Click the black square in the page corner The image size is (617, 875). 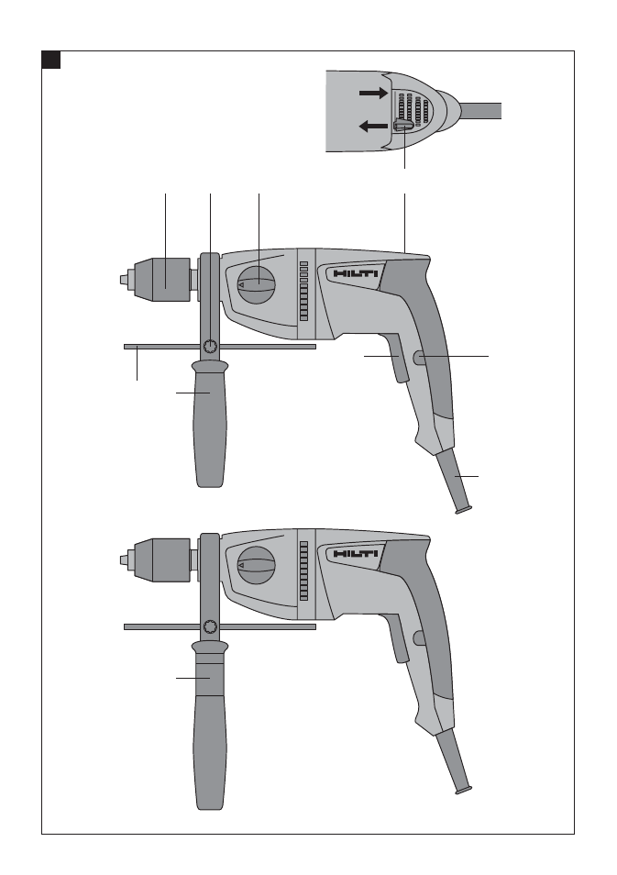[50, 60]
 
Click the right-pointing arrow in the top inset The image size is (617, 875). [373, 93]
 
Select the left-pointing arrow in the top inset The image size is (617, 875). [372, 127]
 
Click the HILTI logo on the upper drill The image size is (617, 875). [356, 274]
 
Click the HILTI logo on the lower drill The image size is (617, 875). [356, 554]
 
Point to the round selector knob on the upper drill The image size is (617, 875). [257, 284]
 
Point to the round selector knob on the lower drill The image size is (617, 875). [257, 565]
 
